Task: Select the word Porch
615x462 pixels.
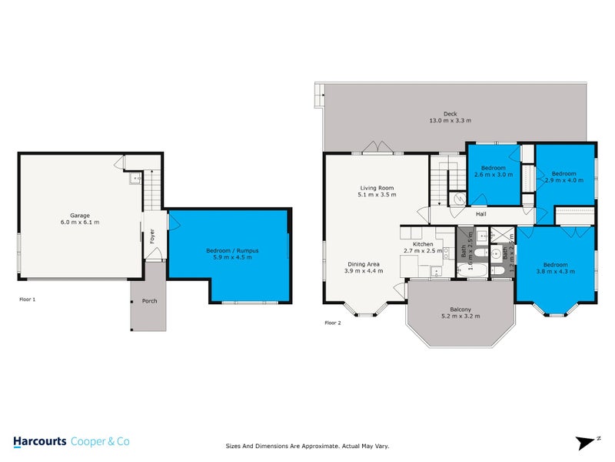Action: [149, 300]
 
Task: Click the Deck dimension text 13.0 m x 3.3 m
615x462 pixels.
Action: [450, 121]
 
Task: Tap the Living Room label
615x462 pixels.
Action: [377, 188]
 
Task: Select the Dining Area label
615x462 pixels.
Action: [361, 264]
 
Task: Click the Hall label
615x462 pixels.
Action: [481, 214]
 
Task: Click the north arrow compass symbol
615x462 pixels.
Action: [587, 441]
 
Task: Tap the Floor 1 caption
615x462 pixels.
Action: [28, 299]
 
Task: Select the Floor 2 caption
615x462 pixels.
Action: [333, 322]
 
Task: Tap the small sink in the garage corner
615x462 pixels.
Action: [135, 179]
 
